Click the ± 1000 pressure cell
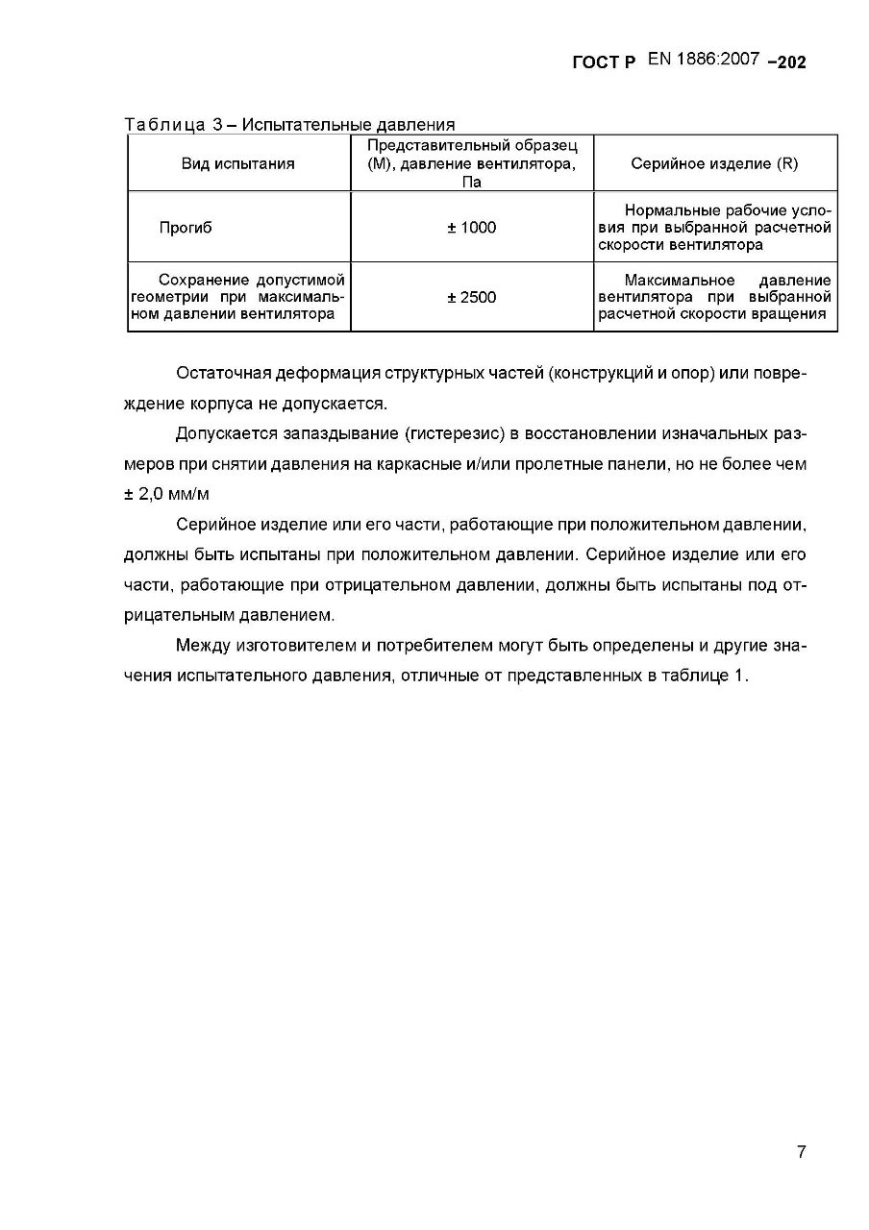coord(472,228)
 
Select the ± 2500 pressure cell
coord(472,297)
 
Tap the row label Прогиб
coord(186,228)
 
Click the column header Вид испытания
coord(238,163)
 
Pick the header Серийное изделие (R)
coord(714,163)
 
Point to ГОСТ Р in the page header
coord(604,62)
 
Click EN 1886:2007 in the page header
coord(705,60)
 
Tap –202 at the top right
coord(786,62)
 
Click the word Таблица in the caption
coord(164,124)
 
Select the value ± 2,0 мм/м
coord(166,494)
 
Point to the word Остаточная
coord(223,374)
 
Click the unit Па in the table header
coord(472,182)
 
